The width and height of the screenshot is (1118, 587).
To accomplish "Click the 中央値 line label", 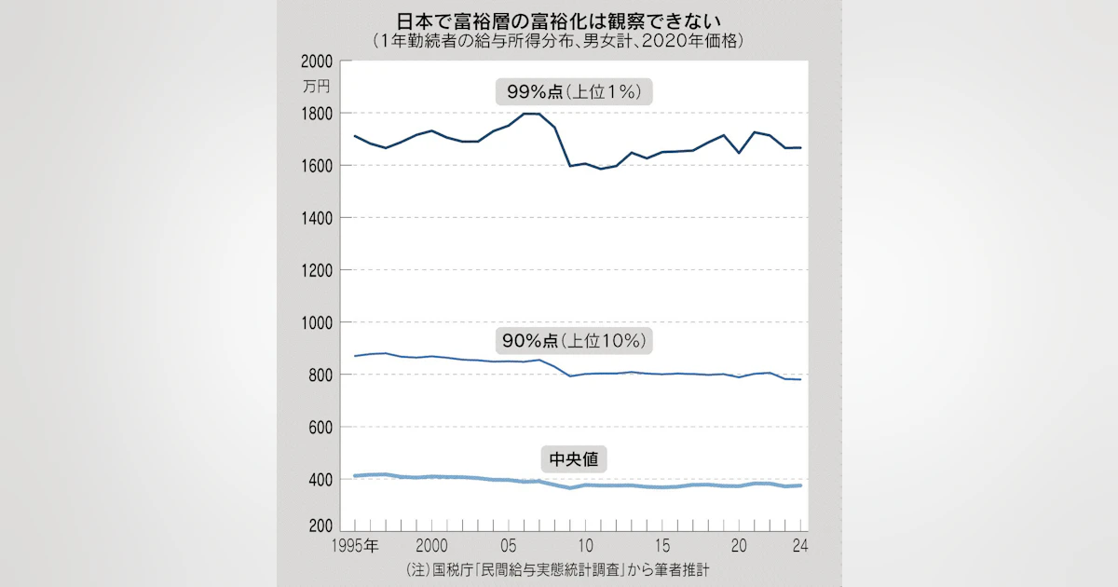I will click(572, 459).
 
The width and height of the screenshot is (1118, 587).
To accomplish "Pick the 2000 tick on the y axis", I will click(317, 61).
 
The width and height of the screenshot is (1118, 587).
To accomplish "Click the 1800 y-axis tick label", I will click(317, 114).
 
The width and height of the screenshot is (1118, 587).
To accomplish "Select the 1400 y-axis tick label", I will click(317, 218).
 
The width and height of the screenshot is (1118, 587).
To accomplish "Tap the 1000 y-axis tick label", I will click(317, 322).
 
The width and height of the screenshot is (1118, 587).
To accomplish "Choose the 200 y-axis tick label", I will click(320, 527).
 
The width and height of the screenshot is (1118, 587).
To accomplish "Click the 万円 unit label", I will click(317, 87).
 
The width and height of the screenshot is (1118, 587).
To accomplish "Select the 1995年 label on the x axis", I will click(356, 545).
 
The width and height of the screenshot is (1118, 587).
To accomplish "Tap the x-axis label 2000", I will click(430, 545).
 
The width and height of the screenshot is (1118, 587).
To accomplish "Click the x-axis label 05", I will click(509, 545).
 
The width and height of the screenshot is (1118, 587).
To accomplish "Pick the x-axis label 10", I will click(586, 545).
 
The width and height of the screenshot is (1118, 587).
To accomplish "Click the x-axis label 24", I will click(798, 545).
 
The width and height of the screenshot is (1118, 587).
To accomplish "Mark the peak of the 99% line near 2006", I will click(533, 114).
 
